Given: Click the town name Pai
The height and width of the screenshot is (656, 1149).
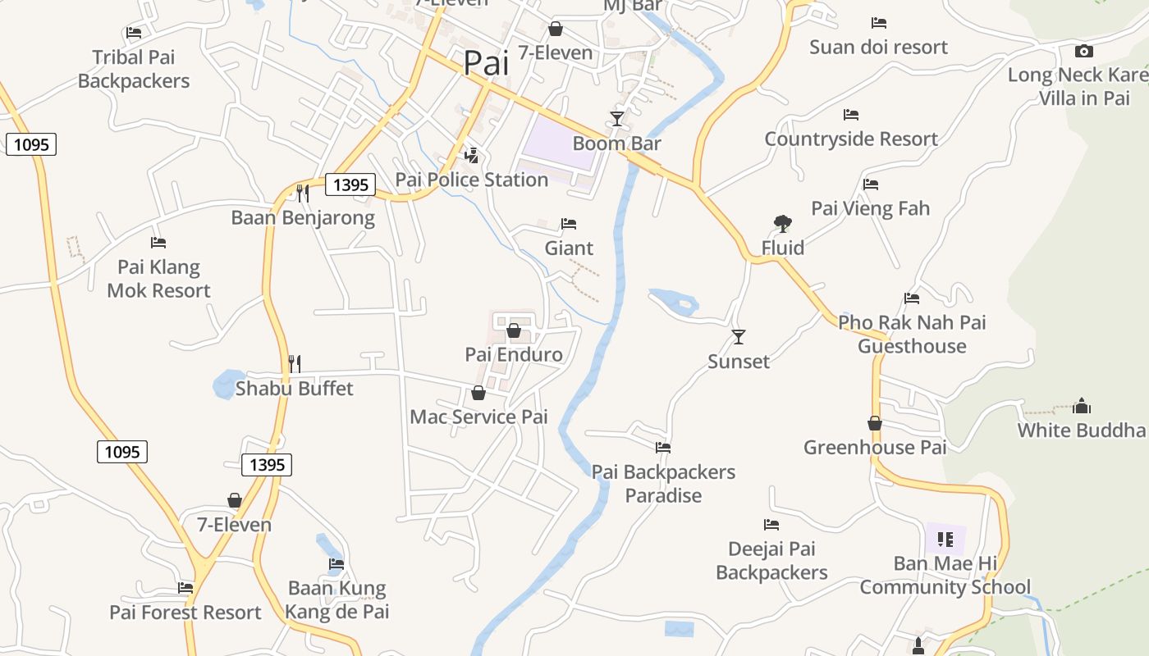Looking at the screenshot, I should pyautogui.click(x=486, y=63).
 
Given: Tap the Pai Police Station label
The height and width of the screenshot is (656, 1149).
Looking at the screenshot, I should pyautogui.click(x=471, y=180).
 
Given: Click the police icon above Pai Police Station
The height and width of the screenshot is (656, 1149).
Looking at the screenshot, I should pyautogui.click(x=472, y=155).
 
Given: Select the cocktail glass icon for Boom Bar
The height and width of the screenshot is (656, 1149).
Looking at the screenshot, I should pyautogui.click(x=616, y=119).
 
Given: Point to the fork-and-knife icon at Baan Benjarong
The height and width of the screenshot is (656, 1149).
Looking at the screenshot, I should pyautogui.click(x=303, y=194).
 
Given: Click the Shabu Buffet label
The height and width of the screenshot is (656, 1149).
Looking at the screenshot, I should pyautogui.click(x=294, y=388).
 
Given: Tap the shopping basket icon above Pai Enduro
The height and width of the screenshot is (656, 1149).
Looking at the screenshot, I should pyautogui.click(x=514, y=330).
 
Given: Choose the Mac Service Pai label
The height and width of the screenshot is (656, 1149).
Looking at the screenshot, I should pyautogui.click(x=478, y=417).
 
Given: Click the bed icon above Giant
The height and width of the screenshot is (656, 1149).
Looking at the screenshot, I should pyautogui.click(x=569, y=224).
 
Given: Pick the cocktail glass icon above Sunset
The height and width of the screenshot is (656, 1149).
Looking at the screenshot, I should pyautogui.click(x=739, y=337).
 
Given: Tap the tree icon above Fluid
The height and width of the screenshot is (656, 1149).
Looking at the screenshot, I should pyautogui.click(x=782, y=223).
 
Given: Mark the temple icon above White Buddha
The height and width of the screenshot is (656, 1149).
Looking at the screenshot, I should pyautogui.click(x=1082, y=406).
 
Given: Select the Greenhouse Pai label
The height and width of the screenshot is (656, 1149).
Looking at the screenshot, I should pyautogui.click(x=875, y=448).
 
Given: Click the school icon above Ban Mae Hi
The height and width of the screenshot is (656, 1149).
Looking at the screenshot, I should pyautogui.click(x=945, y=540).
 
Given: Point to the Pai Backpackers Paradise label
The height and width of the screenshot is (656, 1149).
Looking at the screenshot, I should pyautogui.click(x=663, y=484).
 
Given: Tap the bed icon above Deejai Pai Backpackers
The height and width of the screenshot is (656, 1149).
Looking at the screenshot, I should pyautogui.click(x=771, y=525).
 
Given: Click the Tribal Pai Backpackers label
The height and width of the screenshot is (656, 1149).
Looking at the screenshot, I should pyautogui.click(x=134, y=69).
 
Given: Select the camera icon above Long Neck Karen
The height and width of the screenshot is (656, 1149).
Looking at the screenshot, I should pyautogui.click(x=1083, y=51).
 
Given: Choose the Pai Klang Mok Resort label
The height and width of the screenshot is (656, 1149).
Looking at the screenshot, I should pyautogui.click(x=158, y=279).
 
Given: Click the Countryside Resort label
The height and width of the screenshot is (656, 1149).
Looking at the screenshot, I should pyautogui.click(x=851, y=139).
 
